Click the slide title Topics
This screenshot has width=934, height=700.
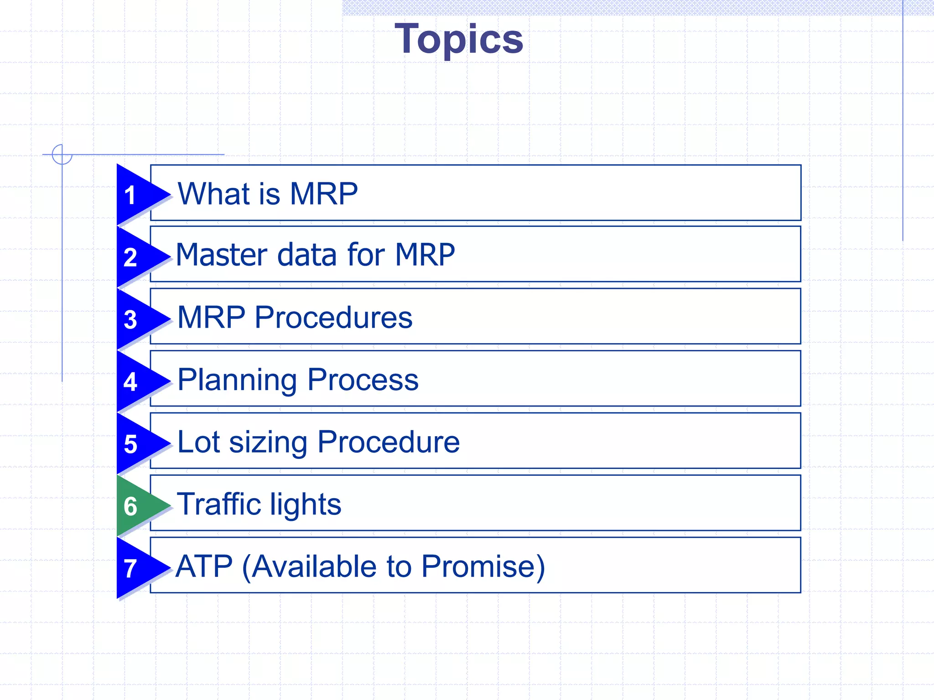point(459,40)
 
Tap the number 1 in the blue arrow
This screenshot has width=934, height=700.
point(130,195)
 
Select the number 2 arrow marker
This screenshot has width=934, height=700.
point(130,257)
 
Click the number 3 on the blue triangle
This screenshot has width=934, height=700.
point(130,319)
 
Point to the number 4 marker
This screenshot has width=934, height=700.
point(130,382)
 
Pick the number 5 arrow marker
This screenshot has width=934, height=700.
point(130,444)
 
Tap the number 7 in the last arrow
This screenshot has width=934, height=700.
point(130,569)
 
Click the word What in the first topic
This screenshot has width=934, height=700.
point(214,194)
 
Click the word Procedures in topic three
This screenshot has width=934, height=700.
point(333,317)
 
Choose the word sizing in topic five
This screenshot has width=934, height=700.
point(268,443)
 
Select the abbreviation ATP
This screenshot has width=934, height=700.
point(204,566)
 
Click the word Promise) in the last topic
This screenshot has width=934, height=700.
point(483,566)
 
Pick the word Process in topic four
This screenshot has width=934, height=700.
point(363,380)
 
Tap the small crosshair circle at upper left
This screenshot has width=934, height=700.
point(62,154)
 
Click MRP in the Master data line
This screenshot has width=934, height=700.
point(425,255)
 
